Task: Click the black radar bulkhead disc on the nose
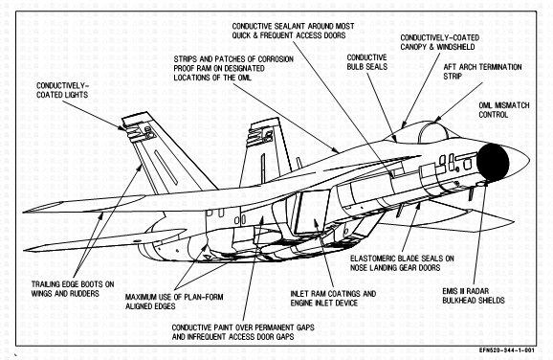493,163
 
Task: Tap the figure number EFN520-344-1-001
507,350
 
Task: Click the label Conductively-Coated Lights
62,90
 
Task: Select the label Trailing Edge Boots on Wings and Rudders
73,289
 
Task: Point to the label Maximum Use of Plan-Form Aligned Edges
174,302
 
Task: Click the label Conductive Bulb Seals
366,62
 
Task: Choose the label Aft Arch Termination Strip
482,72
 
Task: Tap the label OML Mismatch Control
504,110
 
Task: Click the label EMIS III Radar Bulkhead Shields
474,296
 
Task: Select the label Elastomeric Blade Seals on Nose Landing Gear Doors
402,263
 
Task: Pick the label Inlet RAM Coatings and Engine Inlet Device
333,298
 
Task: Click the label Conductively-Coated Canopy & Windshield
439,42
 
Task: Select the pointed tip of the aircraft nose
529,160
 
